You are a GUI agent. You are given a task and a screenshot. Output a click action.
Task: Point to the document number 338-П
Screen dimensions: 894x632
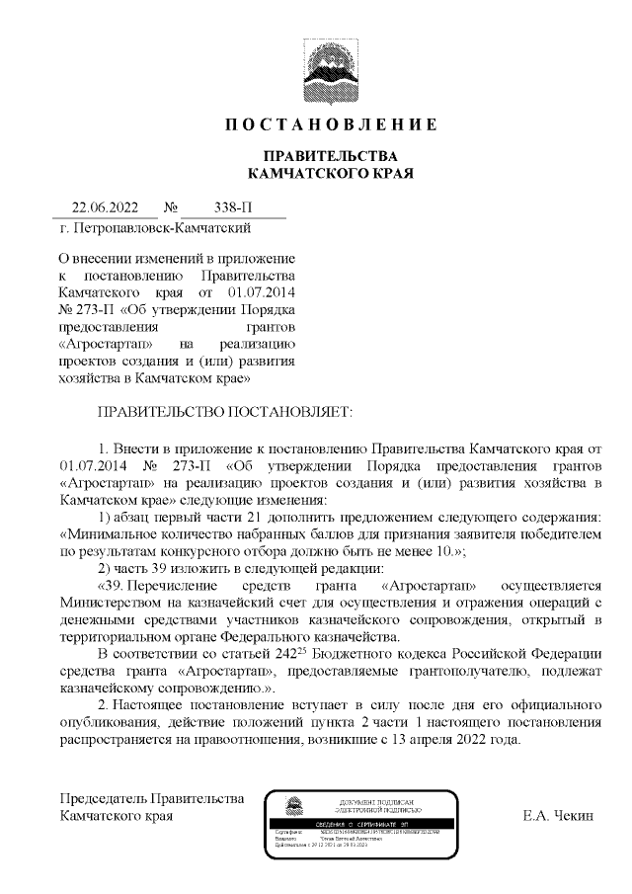(x=233, y=207)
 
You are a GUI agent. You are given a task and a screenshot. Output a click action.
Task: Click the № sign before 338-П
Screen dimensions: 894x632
(x=170, y=207)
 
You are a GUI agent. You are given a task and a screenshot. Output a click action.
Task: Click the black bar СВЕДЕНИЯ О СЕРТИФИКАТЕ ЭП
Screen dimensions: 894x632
(x=375, y=823)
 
